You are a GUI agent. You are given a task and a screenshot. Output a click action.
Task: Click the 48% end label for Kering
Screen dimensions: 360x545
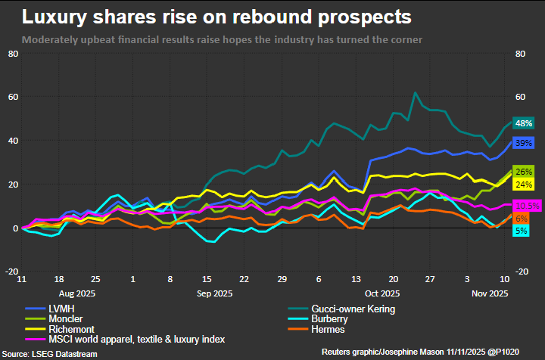point(524,123)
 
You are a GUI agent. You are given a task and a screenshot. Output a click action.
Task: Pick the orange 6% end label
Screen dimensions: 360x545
point(522,218)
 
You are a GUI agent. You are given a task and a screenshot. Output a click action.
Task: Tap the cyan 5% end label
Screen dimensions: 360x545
point(522,230)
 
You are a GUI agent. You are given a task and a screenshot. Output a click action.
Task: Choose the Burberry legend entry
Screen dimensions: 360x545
point(325,319)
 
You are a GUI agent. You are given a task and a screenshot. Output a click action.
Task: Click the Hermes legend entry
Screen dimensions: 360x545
point(321,330)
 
